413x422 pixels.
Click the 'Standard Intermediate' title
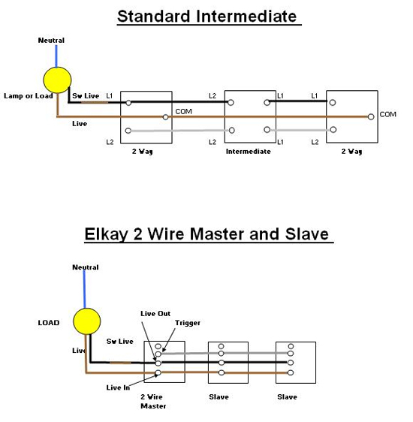(207, 17)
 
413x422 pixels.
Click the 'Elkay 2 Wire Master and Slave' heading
(206, 234)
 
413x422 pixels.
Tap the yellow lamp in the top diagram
(57, 80)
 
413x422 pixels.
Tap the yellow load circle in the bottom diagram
(87, 321)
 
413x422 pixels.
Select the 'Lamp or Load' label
(29, 96)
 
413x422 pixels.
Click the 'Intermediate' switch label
(248, 152)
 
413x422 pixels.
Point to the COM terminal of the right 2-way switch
(371, 117)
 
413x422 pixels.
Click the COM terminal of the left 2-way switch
(166, 117)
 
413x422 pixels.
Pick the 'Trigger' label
(188, 323)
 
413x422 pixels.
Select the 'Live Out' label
(155, 314)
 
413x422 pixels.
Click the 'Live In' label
(118, 387)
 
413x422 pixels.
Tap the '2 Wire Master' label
(153, 401)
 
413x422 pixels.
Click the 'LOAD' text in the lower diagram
(49, 323)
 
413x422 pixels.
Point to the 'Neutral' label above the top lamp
(51, 41)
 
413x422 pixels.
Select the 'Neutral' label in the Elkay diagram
(86, 267)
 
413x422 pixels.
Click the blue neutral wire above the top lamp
(56, 56)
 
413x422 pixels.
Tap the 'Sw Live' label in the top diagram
(86, 96)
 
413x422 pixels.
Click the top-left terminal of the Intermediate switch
(231, 103)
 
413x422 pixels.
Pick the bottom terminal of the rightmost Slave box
(291, 372)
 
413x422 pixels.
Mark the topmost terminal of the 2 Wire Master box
(158, 346)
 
